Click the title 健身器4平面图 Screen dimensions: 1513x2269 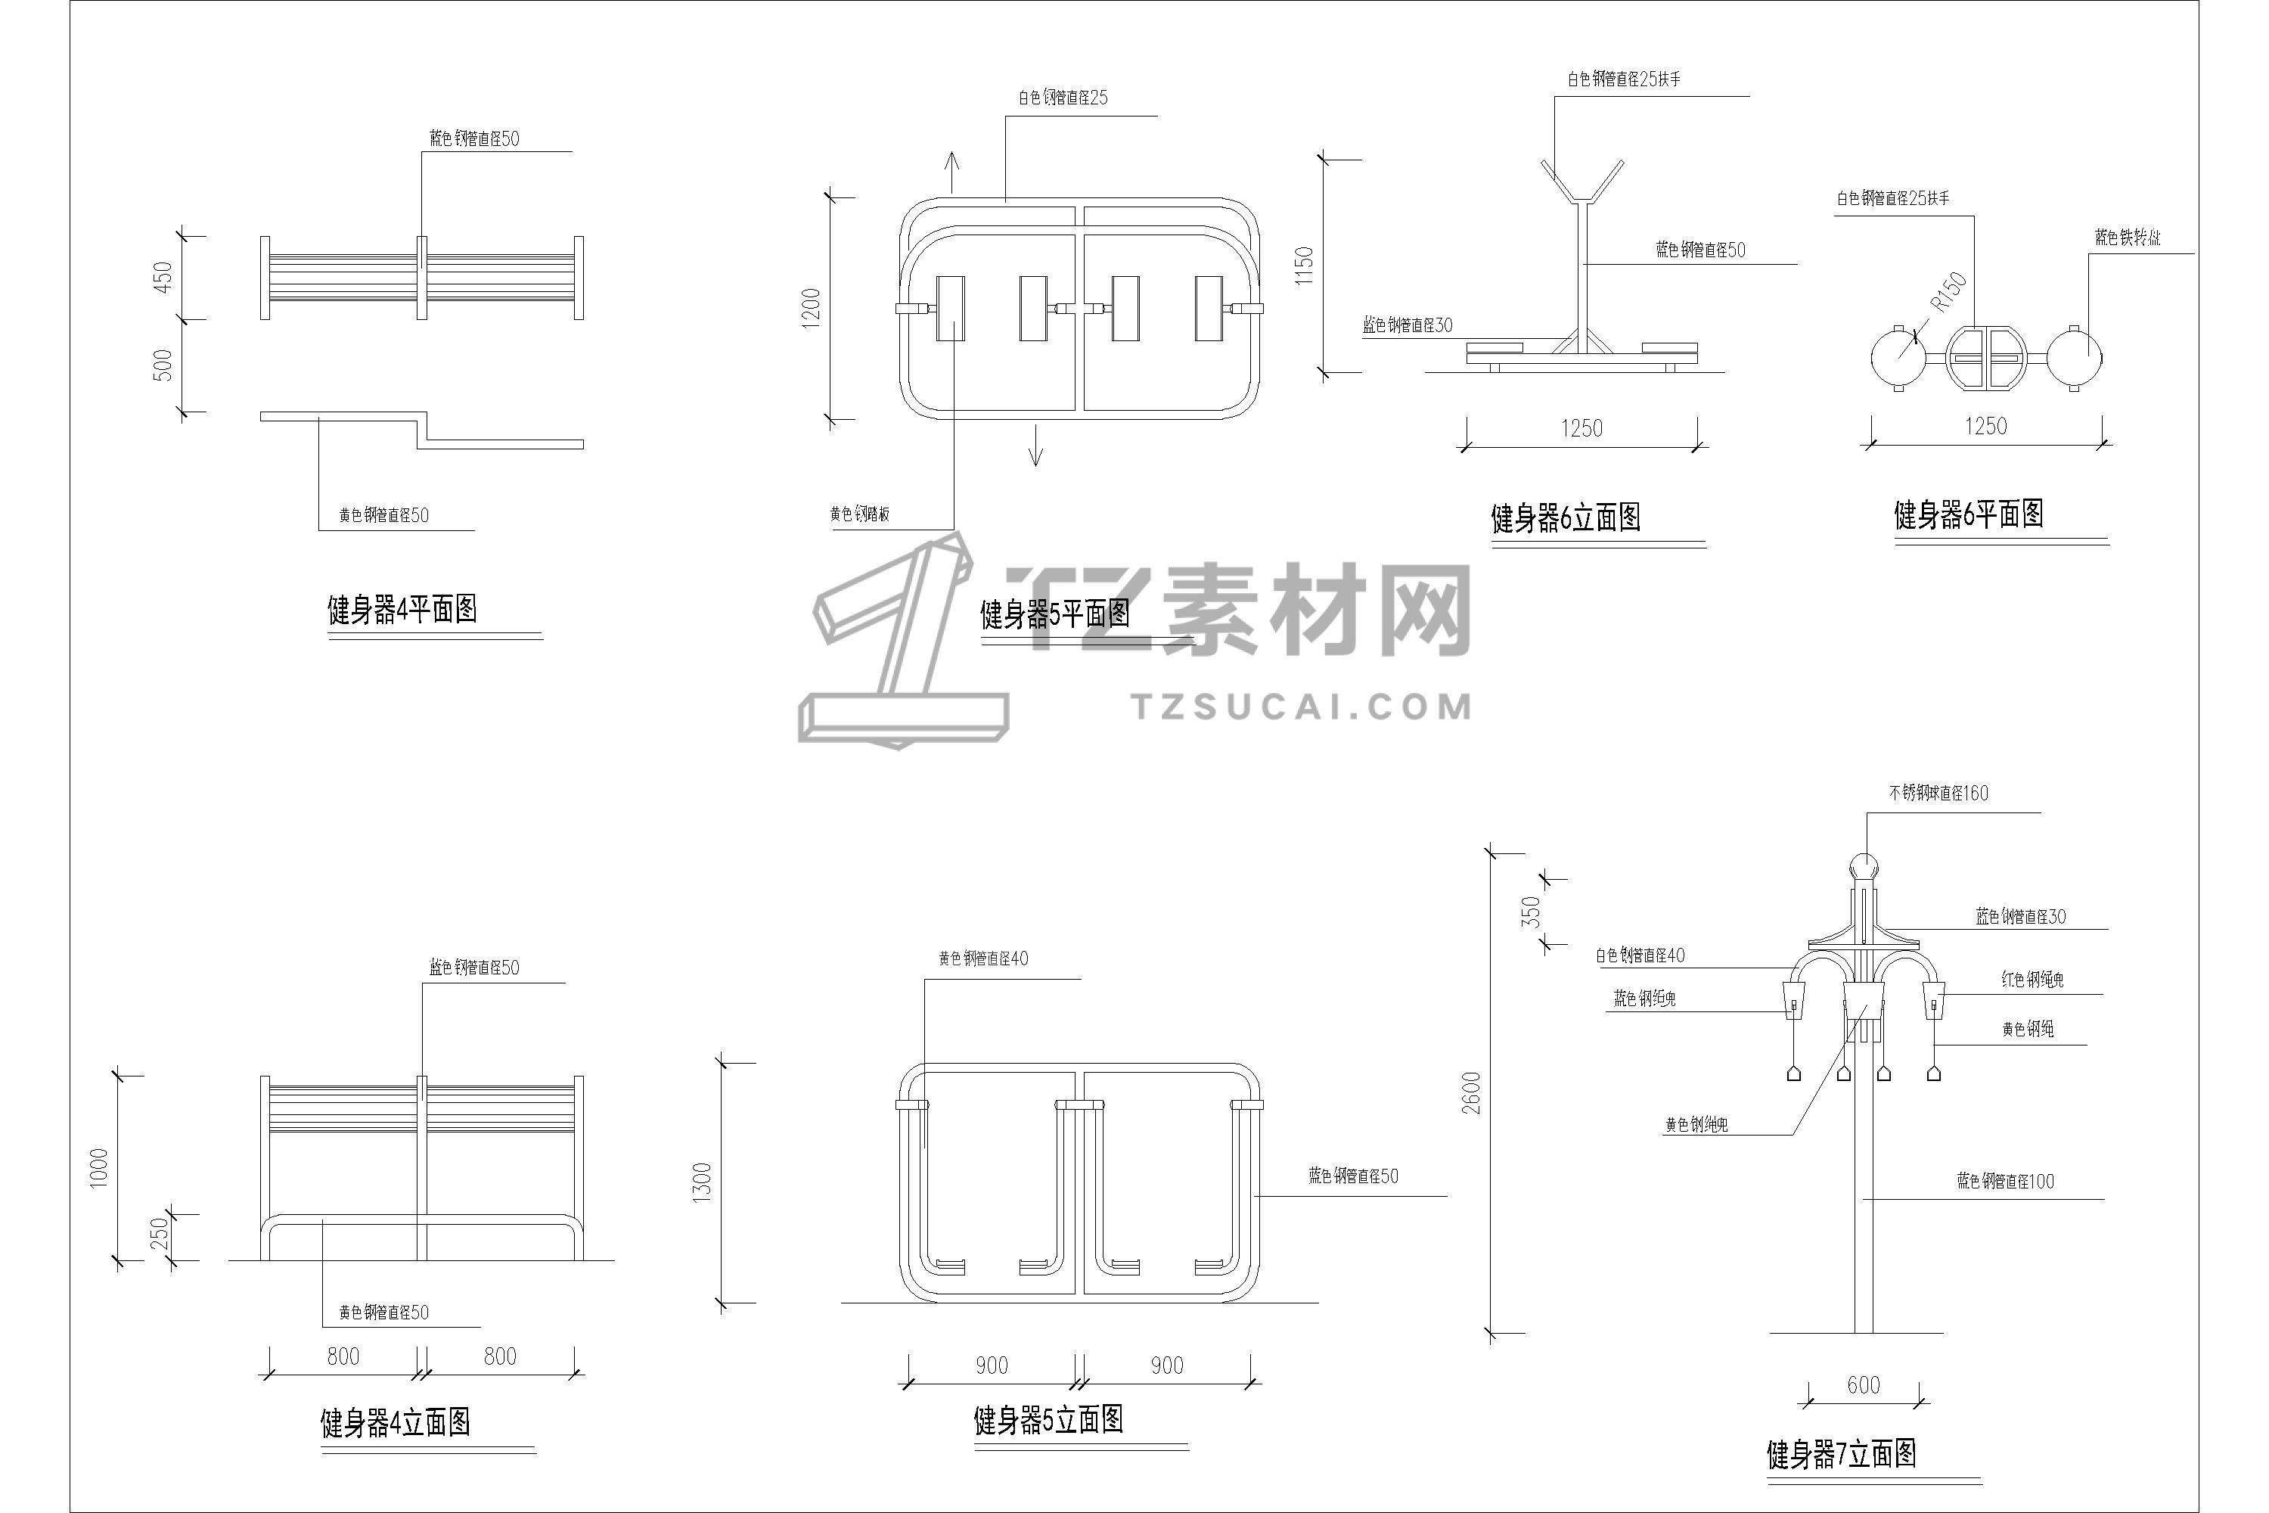tap(402, 610)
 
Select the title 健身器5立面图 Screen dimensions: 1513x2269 tap(1048, 1419)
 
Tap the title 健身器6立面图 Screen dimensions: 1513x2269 tap(1565, 518)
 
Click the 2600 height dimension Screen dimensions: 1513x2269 tap(1471, 1092)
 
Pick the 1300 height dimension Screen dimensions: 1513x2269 tap(703, 1182)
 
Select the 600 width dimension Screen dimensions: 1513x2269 tap(1863, 1386)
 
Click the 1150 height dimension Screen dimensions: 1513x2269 tap(1304, 266)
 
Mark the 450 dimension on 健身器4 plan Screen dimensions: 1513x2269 tap(164, 278)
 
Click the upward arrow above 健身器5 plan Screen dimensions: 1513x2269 tap(952, 172)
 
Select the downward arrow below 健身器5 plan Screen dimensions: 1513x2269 tap(1035, 446)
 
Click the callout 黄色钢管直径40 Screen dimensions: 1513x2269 tap(983, 958)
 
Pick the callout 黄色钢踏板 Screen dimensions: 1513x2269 tap(859, 514)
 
